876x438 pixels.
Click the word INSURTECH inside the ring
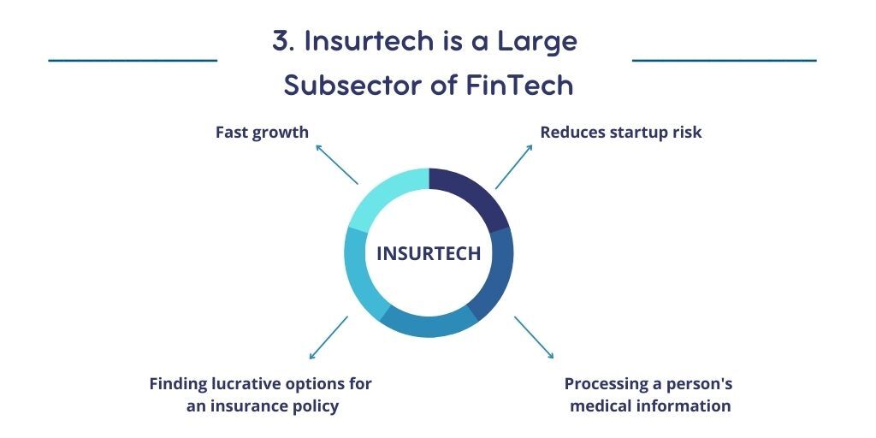click(x=429, y=254)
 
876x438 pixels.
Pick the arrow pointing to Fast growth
click(x=336, y=163)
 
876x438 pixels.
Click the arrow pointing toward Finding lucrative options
click(x=328, y=337)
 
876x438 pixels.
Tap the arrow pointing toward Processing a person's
click(x=534, y=336)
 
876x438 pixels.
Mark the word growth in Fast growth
click(x=280, y=133)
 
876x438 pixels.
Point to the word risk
click(x=686, y=133)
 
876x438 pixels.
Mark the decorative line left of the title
click(x=133, y=61)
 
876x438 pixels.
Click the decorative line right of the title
click(x=724, y=61)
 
